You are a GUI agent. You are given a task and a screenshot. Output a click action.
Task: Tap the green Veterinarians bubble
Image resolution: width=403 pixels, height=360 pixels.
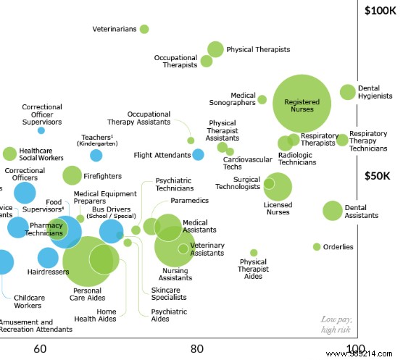pyautogui.click(x=144, y=29)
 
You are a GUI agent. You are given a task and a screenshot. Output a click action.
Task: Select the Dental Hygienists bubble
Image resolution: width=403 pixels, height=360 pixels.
pyautogui.click(x=348, y=92)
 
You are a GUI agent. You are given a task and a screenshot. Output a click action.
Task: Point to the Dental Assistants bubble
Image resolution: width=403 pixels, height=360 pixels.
pyautogui.click(x=332, y=211)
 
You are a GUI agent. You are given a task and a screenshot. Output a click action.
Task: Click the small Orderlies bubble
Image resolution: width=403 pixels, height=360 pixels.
pyautogui.click(x=317, y=247)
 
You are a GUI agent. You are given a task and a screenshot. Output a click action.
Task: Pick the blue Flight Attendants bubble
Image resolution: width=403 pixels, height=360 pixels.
pyautogui.click(x=198, y=154)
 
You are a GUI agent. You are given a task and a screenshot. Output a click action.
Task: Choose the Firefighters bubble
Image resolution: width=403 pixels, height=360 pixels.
pyautogui.click(x=72, y=175)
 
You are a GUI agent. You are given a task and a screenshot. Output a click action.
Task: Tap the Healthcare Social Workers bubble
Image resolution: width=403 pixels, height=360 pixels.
pyautogui.click(x=9, y=154)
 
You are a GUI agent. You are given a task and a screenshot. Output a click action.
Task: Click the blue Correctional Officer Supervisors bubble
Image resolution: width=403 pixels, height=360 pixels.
pyautogui.click(x=41, y=130)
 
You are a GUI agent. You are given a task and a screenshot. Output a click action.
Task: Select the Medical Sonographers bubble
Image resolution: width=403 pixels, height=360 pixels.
pyautogui.click(x=262, y=100)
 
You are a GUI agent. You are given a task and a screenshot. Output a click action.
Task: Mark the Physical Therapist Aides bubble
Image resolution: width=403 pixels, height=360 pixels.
pyautogui.click(x=253, y=253)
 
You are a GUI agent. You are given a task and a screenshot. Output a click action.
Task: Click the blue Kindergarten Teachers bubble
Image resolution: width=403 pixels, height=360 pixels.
pyautogui.click(x=96, y=155)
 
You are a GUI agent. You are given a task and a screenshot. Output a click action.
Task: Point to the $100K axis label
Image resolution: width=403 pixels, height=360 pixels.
pyautogui.click(x=380, y=10)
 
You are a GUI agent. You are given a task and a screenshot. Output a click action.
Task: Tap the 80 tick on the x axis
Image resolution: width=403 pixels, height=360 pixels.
pyautogui.click(x=196, y=349)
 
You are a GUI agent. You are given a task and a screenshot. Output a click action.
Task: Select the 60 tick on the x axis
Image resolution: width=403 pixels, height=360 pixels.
pyautogui.click(x=41, y=349)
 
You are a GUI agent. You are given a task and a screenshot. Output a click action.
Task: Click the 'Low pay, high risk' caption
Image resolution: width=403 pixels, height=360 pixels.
pyautogui.click(x=337, y=325)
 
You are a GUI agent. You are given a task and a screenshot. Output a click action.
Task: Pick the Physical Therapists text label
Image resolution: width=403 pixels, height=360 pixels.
pyautogui.click(x=258, y=50)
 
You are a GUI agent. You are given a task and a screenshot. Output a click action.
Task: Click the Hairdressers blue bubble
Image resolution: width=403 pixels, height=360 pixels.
pyautogui.click(x=48, y=258)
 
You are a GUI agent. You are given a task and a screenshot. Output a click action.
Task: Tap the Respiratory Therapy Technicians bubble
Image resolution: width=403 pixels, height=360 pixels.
pyautogui.click(x=342, y=139)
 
